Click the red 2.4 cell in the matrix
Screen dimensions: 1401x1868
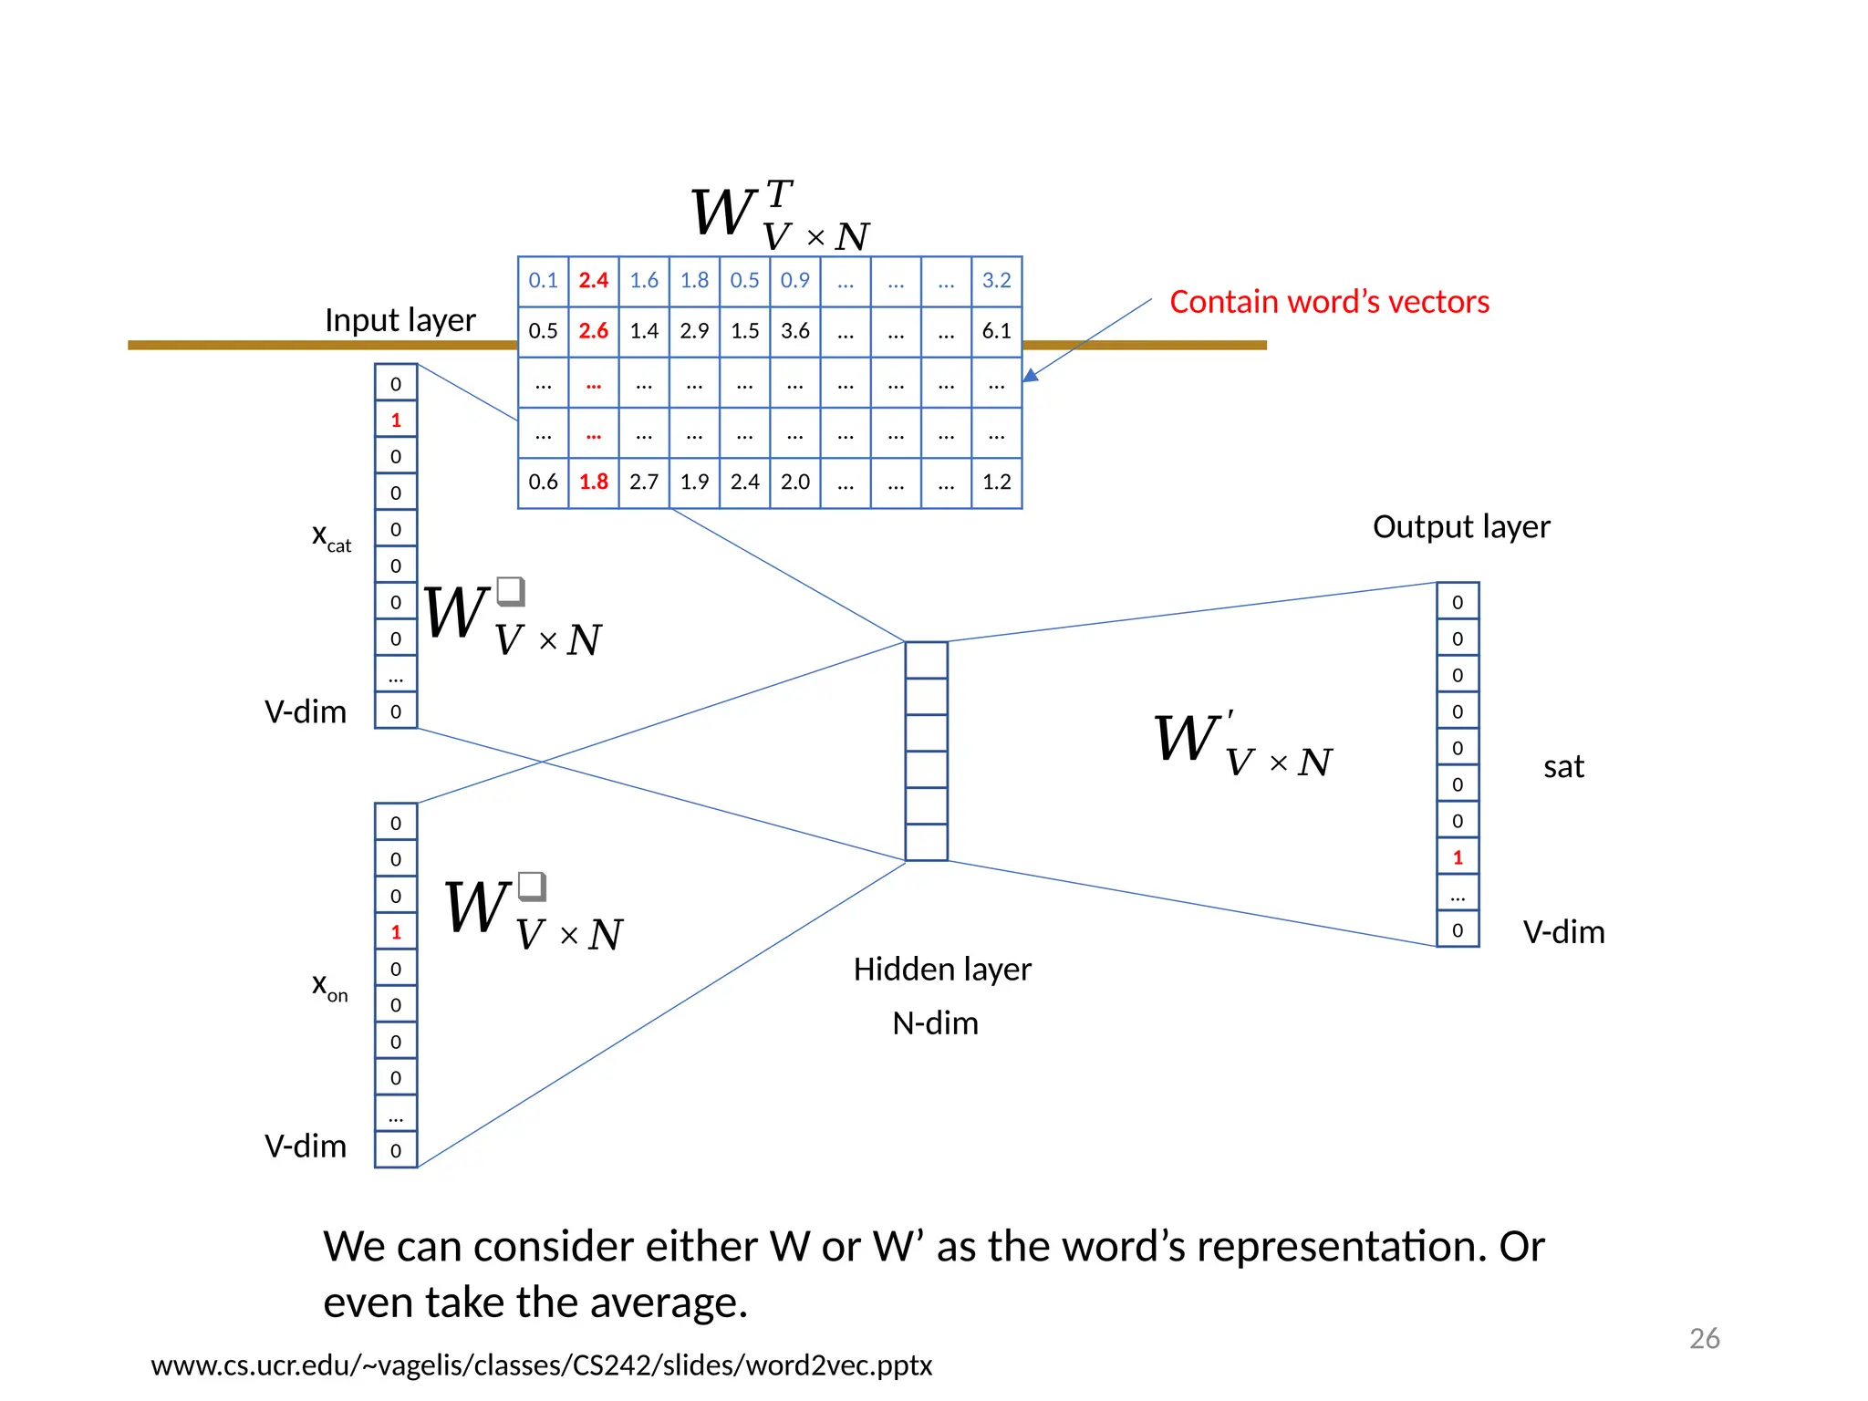click(593, 280)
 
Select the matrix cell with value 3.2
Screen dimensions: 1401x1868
click(996, 280)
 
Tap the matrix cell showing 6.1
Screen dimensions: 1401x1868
click(996, 330)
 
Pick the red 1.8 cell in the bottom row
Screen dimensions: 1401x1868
click(593, 482)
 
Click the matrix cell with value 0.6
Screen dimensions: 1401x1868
click(543, 482)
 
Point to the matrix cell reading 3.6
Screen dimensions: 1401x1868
click(794, 330)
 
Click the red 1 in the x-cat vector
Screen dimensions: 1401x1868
click(396, 420)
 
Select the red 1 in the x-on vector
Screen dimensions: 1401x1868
click(396, 932)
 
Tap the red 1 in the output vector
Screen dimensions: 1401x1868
click(1458, 857)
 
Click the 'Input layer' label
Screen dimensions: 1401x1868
click(400, 320)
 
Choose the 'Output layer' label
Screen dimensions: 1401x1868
click(1460, 526)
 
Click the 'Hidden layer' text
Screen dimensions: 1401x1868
click(941, 969)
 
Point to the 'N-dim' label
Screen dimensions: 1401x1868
click(935, 1023)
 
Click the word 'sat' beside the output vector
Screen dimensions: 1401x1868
click(1563, 766)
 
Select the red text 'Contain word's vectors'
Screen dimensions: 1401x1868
click(1329, 302)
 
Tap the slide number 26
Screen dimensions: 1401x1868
click(1704, 1338)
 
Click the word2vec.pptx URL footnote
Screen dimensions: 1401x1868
click(541, 1365)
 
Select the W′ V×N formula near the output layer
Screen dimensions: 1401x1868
click(1242, 743)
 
